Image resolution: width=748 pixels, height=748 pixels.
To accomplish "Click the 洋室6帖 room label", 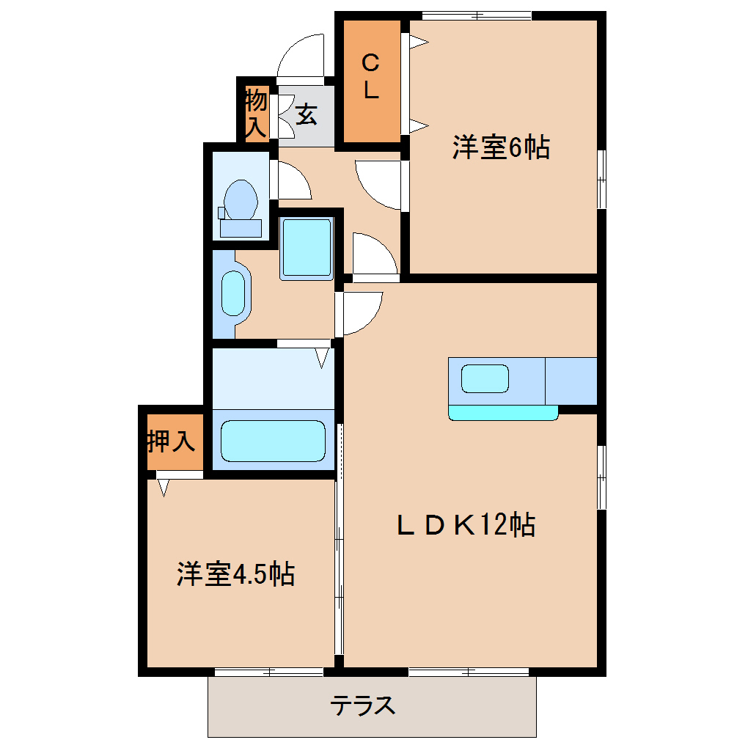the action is click(501, 147).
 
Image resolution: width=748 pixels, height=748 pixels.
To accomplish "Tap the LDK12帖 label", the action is click(466, 525).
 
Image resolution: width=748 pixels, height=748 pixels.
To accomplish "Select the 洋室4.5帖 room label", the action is click(235, 574).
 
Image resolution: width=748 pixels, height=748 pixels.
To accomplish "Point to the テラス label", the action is click(363, 705).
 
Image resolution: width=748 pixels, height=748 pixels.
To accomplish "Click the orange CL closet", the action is click(372, 81).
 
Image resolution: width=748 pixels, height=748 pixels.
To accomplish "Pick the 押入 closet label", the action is click(172, 441).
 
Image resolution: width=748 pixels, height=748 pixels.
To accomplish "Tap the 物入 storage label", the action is click(256, 114).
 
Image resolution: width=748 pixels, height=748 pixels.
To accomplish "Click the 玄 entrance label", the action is click(307, 114).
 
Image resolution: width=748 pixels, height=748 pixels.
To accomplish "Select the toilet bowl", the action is click(241, 199).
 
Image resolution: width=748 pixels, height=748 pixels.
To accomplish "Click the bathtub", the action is click(274, 441).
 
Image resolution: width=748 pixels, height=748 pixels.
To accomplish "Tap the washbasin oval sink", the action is click(233, 293).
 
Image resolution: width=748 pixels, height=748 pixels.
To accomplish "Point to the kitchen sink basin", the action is click(485, 379).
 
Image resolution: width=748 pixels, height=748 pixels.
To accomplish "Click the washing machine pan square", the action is click(307, 248).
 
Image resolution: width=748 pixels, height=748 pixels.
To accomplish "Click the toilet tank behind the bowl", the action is click(241, 228).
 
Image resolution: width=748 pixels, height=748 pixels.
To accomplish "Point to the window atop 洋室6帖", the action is click(477, 15).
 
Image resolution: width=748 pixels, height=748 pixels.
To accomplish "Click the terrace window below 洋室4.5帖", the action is click(269, 672).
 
